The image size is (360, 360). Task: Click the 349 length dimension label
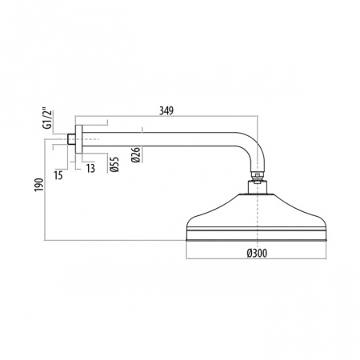click(x=166, y=110)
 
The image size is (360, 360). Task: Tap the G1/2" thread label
click(x=48, y=118)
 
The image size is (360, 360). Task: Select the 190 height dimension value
click(x=39, y=185)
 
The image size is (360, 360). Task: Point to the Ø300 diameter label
click(x=257, y=253)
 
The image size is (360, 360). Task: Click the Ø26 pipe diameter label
click(x=136, y=154)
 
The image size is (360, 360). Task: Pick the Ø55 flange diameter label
click(x=114, y=165)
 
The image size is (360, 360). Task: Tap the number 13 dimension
click(x=90, y=169)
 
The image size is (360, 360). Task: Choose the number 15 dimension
click(x=58, y=175)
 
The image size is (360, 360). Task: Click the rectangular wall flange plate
click(x=78, y=139)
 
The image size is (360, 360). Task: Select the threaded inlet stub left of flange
click(x=71, y=139)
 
